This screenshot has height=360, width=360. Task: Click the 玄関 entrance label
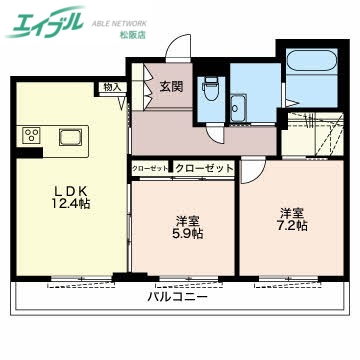[x=170, y=87]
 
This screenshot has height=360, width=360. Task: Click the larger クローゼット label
[x=204, y=169]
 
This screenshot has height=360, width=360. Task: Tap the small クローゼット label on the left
[x=150, y=169]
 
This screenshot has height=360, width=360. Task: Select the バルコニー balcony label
[x=177, y=297]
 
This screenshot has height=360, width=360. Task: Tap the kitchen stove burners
[x=31, y=136]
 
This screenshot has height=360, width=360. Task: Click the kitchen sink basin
[x=72, y=137]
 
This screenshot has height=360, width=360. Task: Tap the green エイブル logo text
[x=45, y=25]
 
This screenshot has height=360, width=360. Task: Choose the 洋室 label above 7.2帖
[x=293, y=211]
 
